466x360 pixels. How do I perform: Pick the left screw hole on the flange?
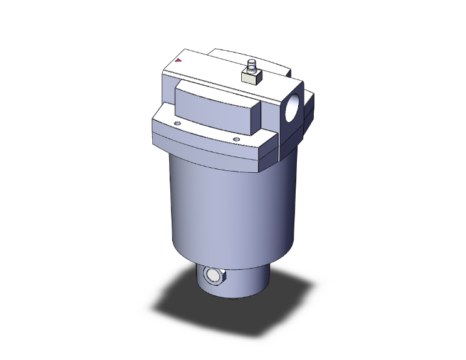coord(178,125)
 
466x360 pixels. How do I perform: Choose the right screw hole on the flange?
coord(236,139)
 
